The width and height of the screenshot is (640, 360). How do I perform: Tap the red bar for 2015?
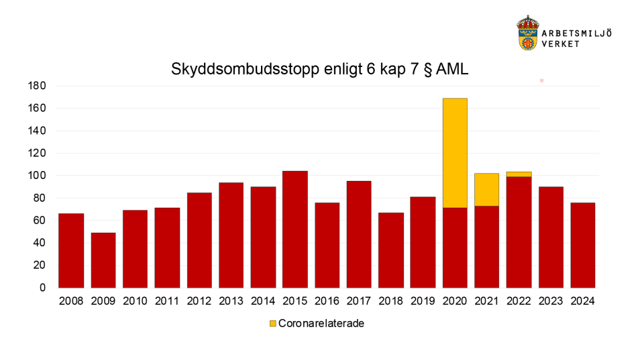point(295,229)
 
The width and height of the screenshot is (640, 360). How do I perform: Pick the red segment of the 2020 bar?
point(454,247)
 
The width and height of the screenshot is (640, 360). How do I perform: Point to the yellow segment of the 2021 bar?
point(486,190)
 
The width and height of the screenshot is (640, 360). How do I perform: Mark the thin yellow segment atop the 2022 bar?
point(519,174)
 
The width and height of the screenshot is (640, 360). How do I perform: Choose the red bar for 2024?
point(582,245)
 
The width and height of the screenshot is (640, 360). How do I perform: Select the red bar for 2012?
point(199,240)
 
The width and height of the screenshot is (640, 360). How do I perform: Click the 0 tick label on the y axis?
point(42,288)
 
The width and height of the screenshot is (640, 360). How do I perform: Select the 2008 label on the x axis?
point(71,302)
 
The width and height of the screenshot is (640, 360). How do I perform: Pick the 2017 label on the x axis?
point(359,302)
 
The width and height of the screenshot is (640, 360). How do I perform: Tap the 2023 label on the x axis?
point(550,302)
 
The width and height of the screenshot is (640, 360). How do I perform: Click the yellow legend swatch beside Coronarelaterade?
point(272,324)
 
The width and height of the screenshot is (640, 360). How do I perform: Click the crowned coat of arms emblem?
point(528,34)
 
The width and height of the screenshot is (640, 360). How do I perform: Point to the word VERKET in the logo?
point(561,43)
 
